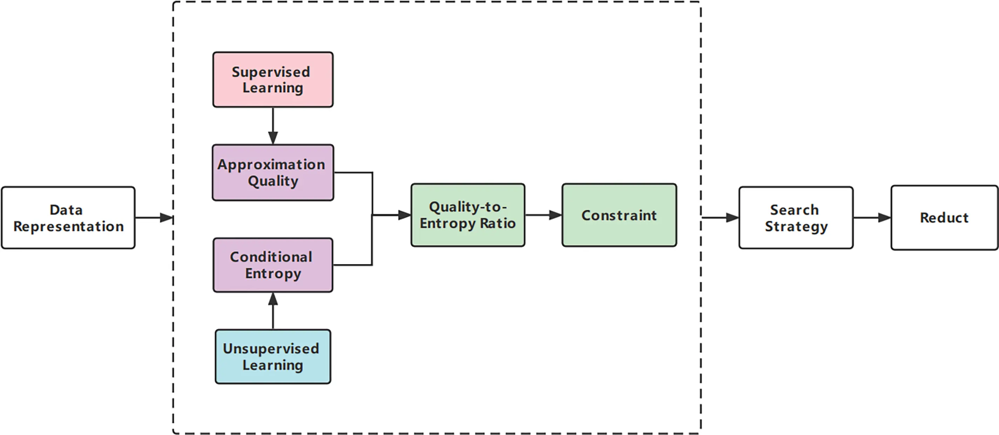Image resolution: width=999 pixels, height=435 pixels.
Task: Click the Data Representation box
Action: (68, 218)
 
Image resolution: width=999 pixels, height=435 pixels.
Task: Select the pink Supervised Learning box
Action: (273, 80)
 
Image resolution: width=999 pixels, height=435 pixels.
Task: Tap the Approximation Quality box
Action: (273, 172)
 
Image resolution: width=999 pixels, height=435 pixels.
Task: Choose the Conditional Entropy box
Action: (273, 265)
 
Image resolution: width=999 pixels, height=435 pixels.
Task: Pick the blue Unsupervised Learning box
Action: (273, 357)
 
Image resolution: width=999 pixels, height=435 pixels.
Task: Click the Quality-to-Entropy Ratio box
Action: (468, 215)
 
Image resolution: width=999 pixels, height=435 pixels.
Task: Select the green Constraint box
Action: (619, 215)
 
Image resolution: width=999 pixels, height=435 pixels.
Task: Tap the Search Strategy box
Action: (796, 218)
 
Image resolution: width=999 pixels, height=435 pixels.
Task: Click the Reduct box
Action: (944, 218)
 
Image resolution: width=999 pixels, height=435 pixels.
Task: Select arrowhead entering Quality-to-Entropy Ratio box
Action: (405, 215)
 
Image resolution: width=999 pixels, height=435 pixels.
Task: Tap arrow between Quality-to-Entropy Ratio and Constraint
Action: (543, 215)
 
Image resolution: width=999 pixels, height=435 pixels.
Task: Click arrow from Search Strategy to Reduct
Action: (872, 217)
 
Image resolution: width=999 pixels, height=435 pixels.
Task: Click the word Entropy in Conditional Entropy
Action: (273, 274)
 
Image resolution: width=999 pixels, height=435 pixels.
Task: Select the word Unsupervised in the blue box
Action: (271, 348)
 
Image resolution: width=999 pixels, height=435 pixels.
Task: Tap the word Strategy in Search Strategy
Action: (796, 226)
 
